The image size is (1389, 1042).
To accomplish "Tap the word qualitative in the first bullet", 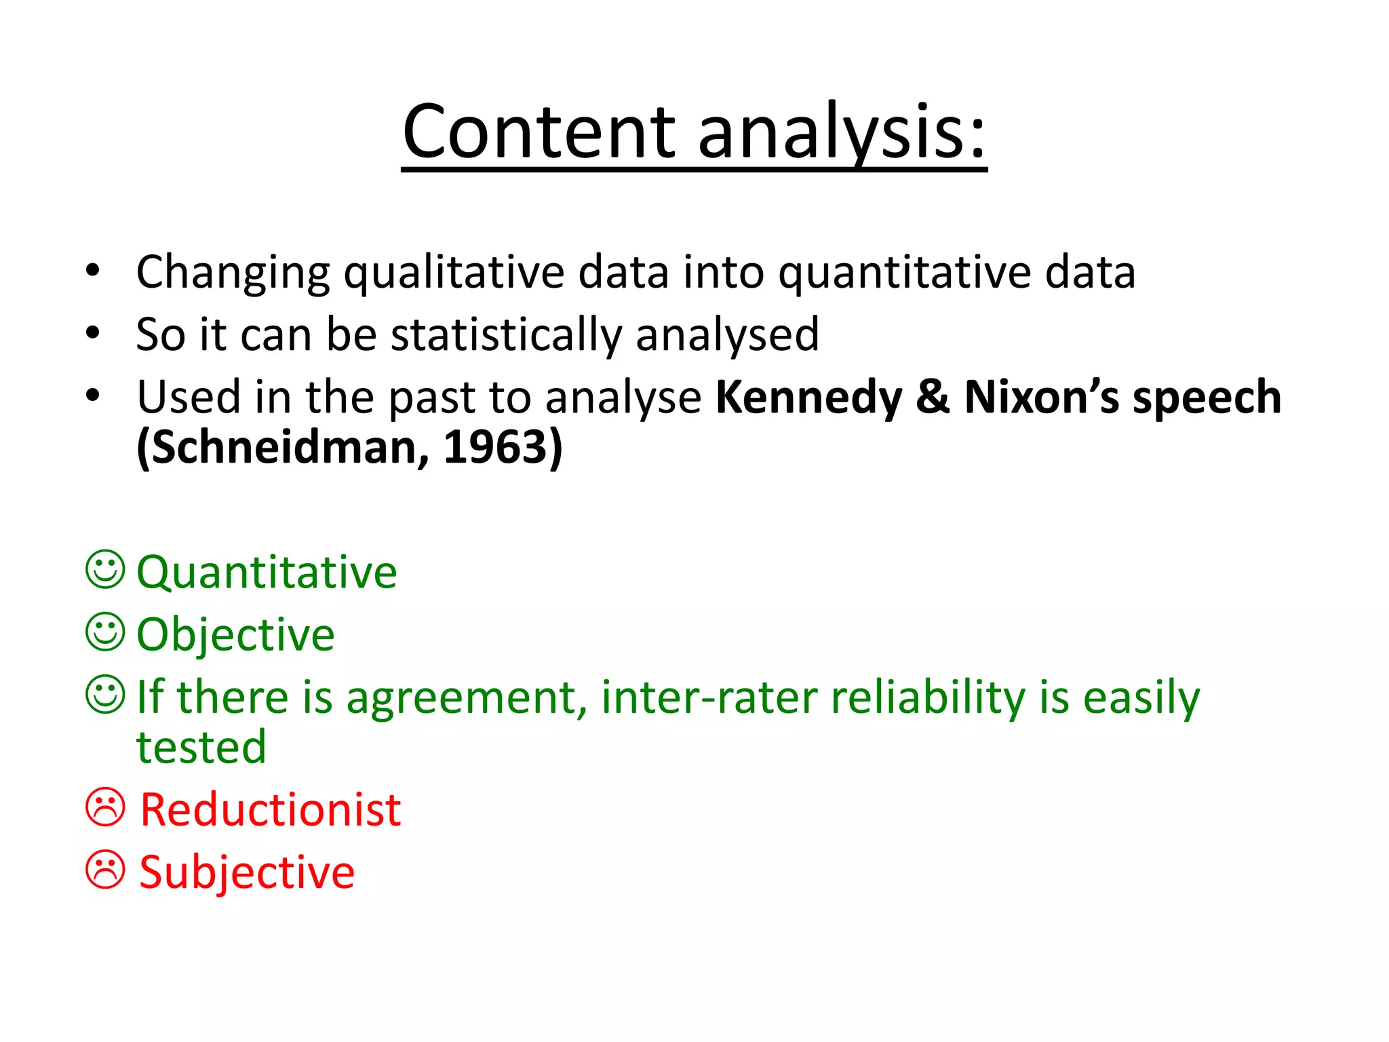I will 454,273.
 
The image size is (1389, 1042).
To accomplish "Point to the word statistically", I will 506,335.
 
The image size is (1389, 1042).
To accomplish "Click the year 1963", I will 503,448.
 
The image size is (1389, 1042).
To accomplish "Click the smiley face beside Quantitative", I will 105,569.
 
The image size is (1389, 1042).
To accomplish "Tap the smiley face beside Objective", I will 105,632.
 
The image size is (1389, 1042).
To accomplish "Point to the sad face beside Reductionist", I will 105,807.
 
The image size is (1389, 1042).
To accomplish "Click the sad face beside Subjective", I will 105,870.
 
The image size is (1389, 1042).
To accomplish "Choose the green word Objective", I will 235,635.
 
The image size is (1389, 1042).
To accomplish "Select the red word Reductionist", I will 270,810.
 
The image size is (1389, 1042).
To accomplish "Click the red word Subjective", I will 247,872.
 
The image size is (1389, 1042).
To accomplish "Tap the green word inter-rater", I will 709,697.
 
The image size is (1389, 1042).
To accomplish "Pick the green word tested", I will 201,748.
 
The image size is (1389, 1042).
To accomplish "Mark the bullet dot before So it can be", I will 93,333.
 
